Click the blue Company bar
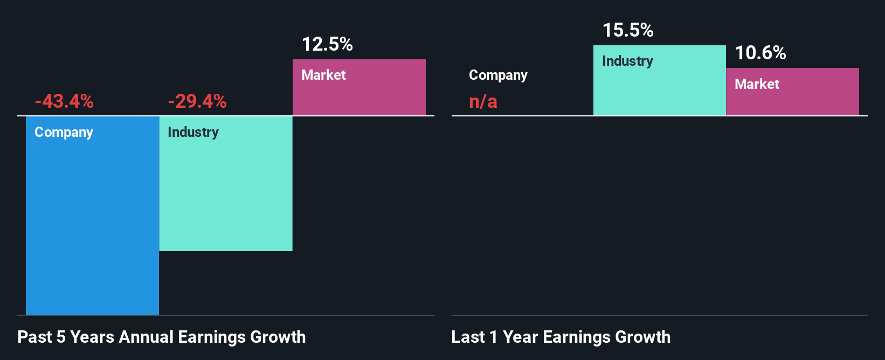pos(92,216)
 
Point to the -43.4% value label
pos(64,101)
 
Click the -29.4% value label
pos(197,101)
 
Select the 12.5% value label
pos(327,44)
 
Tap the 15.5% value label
pos(628,30)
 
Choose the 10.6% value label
pos(760,53)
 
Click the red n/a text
pos(483,101)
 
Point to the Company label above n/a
pos(498,75)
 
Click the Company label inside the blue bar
pos(64,132)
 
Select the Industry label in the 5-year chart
pos(193,132)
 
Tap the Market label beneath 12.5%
pos(323,75)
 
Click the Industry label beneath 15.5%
pos(627,61)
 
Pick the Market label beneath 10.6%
pos(757,84)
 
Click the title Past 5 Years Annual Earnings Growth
pos(162,337)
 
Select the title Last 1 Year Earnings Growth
pos(561,337)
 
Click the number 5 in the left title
pos(61,337)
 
